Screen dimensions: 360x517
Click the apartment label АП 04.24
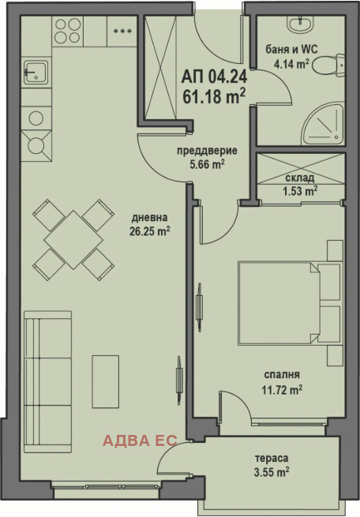pyautogui.click(x=214, y=77)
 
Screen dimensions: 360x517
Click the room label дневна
pyautogui.click(x=149, y=218)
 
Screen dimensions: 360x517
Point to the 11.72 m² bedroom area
pyautogui.click(x=282, y=390)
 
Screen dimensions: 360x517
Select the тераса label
pyautogui.click(x=272, y=458)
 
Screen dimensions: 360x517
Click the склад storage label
pyautogui.click(x=300, y=178)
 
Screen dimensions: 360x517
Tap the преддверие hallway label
pyautogui.click(x=207, y=151)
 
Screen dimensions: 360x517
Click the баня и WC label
pyautogui.click(x=292, y=50)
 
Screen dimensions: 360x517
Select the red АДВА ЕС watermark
pyautogui.click(x=140, y=440)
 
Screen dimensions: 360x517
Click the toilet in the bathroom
pyautogui.click(x=328, y=66)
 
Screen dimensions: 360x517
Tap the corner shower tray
pyautogui.click(x=324, y=124)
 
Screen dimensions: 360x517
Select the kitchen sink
pyautogui.click(x=36, y=72)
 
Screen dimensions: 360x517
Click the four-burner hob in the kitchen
pyautogui.click(x=68, y=31)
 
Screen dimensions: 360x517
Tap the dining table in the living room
pyautogui.click(x=73, y=240)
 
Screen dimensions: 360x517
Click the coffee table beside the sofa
pyautogui.click(x=106, y=381)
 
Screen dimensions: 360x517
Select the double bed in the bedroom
pyautogui.click(x=289, y=303)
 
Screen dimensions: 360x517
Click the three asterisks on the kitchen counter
pyautogui.click(x=122, y=31)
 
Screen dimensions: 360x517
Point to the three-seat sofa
pyautogui.click(x=48, y=381)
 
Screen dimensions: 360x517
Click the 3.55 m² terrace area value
pyautogui.click(x=272, y=472)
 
